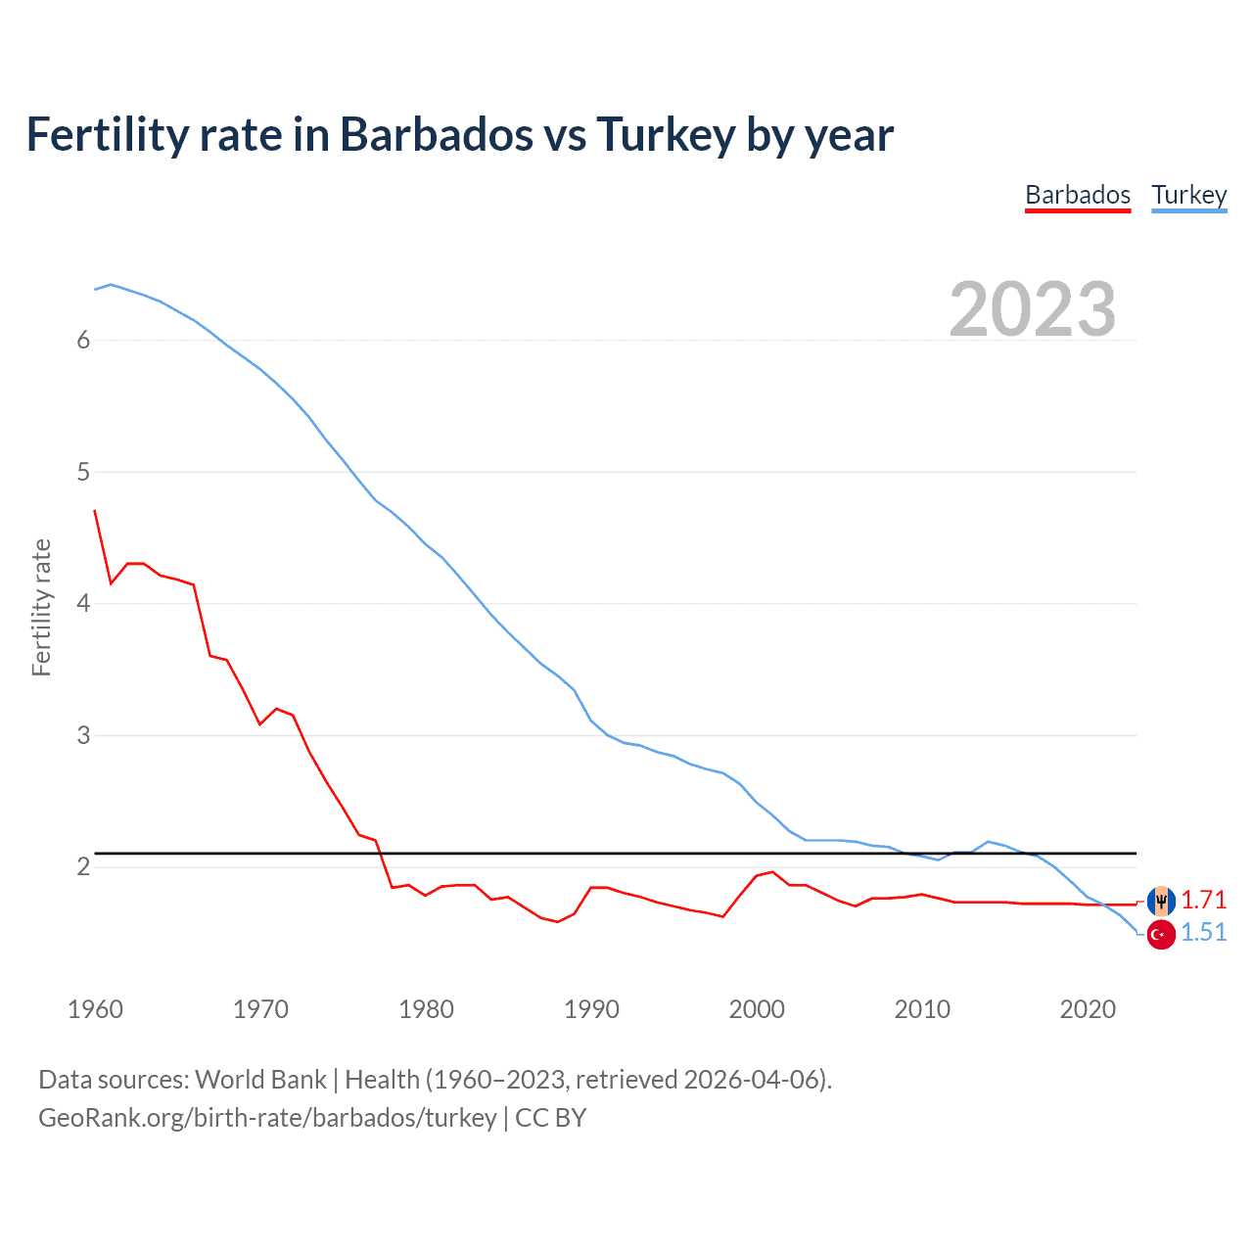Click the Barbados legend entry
point(1078,195)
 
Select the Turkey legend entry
point(1188,195)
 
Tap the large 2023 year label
point(1032,309)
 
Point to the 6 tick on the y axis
point(83,340)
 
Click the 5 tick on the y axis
point(83,472)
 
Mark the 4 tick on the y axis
point(83,603)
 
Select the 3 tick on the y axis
point(83,735)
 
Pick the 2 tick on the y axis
point(83,866)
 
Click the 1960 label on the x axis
point(95,1009)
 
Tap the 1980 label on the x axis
point(426,1009)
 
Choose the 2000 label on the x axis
point(757,1009)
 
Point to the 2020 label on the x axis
point(1088,1009)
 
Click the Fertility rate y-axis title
point(41,607)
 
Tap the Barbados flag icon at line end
point(1161,900)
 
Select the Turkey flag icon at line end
point(1161,934)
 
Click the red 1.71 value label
point(1203,900)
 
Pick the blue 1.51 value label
point(1203,933)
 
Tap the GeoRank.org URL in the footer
point(267,1118)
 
